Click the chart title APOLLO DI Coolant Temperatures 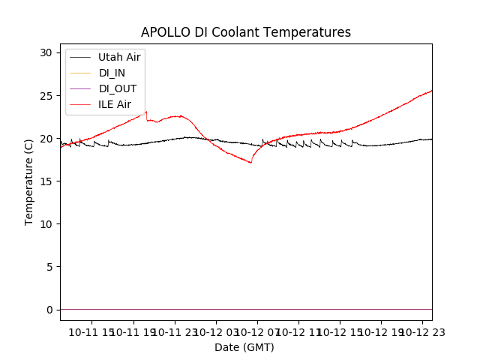coord(246,33)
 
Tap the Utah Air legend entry coord(119,57)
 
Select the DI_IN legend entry coord(112,73)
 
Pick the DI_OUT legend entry coord(117,88)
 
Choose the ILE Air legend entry coord(115,104)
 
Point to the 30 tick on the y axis coord(46,52)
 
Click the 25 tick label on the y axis coord(46,96)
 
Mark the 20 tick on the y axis coord(46,139)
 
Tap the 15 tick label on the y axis coord(46,181)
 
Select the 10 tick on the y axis coord(46,224)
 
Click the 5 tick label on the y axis coord(49,267)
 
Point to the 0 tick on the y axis coord(49,310)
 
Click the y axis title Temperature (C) coord(29,181)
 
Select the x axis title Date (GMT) coord(244,347)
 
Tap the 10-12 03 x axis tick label coord(216,332)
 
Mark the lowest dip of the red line coord(250,162)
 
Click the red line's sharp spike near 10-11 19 coord(145,112)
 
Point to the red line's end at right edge coord(432,91)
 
